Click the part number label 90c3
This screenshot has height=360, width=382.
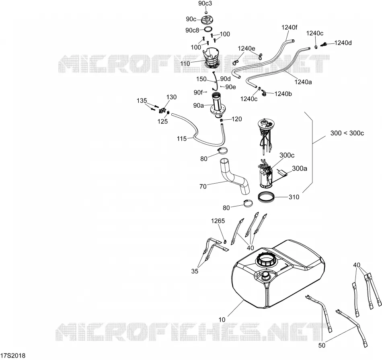[205, 3]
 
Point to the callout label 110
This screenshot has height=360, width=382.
[185, 63]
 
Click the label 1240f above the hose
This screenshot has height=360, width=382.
[289, 27]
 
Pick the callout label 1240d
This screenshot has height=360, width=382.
[343, 43]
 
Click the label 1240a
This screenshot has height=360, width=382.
[303, 82]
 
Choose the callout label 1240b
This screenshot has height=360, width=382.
[283, 94]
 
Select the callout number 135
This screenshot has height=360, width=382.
[142, 100]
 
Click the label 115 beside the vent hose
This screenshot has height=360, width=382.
[182, 139]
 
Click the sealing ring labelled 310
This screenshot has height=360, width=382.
[267, 196]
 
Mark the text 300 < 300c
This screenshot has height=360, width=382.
[347, 133]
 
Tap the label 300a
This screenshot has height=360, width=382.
[300, 168]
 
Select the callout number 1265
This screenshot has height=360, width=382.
[218, 221]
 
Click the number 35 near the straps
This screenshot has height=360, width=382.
[195, 271]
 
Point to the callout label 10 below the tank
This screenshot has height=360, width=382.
[222, 319]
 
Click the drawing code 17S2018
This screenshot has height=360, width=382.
[13, 356]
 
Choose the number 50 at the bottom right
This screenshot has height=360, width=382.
[322, 346]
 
